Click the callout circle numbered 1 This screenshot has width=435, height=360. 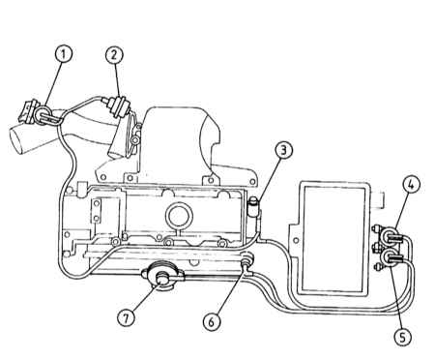[x=63, y=54]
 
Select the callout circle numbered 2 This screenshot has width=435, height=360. [x=114, y=54]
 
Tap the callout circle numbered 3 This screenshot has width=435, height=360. [x=283, y=150]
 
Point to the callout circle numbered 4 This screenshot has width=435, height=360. [x=411, y=186]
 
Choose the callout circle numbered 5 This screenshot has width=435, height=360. [x=403, y=337]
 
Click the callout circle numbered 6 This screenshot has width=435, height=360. [x=213, y=321]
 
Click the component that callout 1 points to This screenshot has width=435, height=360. [x=41, y=114]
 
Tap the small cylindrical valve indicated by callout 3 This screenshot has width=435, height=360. [x=254, y=207]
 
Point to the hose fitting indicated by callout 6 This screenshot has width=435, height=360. [x=247, y=260]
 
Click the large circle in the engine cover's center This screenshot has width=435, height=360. [x=179, y=216]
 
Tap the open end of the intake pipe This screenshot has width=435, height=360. [x=16, y=140]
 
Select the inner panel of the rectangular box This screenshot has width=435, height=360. [x=334, y=238]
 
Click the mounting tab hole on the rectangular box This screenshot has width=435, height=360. [x=296, y=240]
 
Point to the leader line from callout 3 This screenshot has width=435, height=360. [x=268, y=180]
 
